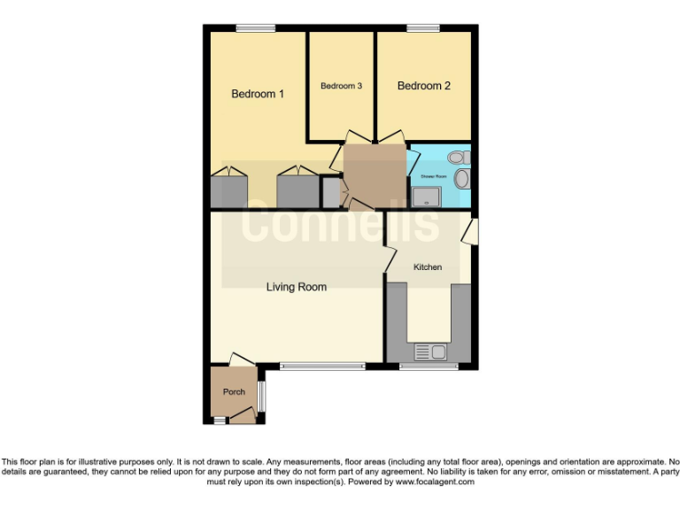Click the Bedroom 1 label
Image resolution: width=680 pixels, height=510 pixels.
[258, 94]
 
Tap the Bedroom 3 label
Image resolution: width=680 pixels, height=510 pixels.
[341, 86]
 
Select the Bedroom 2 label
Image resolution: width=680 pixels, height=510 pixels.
[424, 86]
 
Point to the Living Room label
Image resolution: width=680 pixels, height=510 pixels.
[297, 287]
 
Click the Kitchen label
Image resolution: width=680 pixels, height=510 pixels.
[428, 267]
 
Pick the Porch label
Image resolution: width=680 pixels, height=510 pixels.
[234, 392]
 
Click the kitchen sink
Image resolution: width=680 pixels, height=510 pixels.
[430, 352]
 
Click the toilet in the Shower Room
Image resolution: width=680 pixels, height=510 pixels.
[456, 158]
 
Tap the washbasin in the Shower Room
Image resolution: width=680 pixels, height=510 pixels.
[461, 180]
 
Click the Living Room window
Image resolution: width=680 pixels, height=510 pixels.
[322, 366]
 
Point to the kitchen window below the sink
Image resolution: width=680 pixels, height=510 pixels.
[416, 367]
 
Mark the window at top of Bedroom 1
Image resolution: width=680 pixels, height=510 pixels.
[256, 28]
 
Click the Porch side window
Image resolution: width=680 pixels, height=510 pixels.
[261, 395]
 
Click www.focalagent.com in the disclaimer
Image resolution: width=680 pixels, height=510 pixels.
[435, 483]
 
